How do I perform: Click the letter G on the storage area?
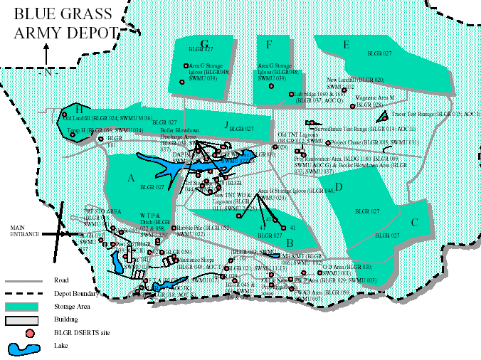click(x=204, y=43)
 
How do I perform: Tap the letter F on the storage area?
click(x=269, y=44)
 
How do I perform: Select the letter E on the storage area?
click(x=346, y=45)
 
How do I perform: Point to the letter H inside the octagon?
click(x=79, y=110)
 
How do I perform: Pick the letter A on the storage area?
click(x=130, y=179)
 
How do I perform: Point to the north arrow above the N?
click(x=46, y=54)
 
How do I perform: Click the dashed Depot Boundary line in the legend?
click(x=25, y=292)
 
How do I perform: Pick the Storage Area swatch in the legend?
click(x=23, y=306)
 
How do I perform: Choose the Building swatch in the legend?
click(x=23, y=320)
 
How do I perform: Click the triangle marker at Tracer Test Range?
click(x=382, y=116)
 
